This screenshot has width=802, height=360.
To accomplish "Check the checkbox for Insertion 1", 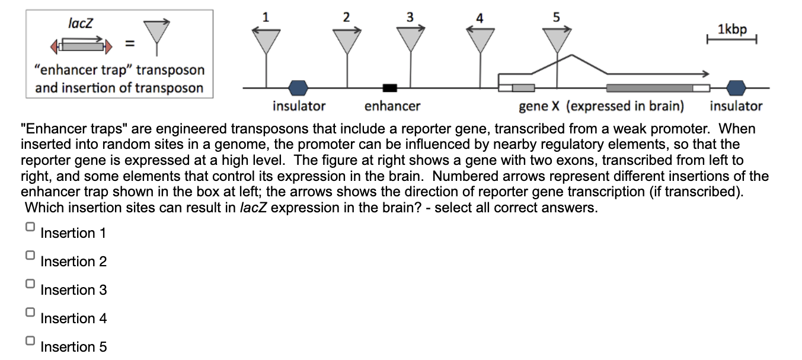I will (30, 227).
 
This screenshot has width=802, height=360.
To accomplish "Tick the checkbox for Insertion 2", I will (30, 256).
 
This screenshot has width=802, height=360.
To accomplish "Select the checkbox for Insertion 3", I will (30, 284).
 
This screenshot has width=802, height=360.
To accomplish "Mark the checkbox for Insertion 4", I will (30, 313).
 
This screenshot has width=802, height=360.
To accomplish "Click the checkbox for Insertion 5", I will (30, 341).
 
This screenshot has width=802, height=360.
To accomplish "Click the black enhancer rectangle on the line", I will (389, 88).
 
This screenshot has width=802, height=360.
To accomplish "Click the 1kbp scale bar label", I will (732, 29).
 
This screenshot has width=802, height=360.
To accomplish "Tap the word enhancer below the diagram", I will (392, 106).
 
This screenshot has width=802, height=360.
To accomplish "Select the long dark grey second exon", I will (650, 88).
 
